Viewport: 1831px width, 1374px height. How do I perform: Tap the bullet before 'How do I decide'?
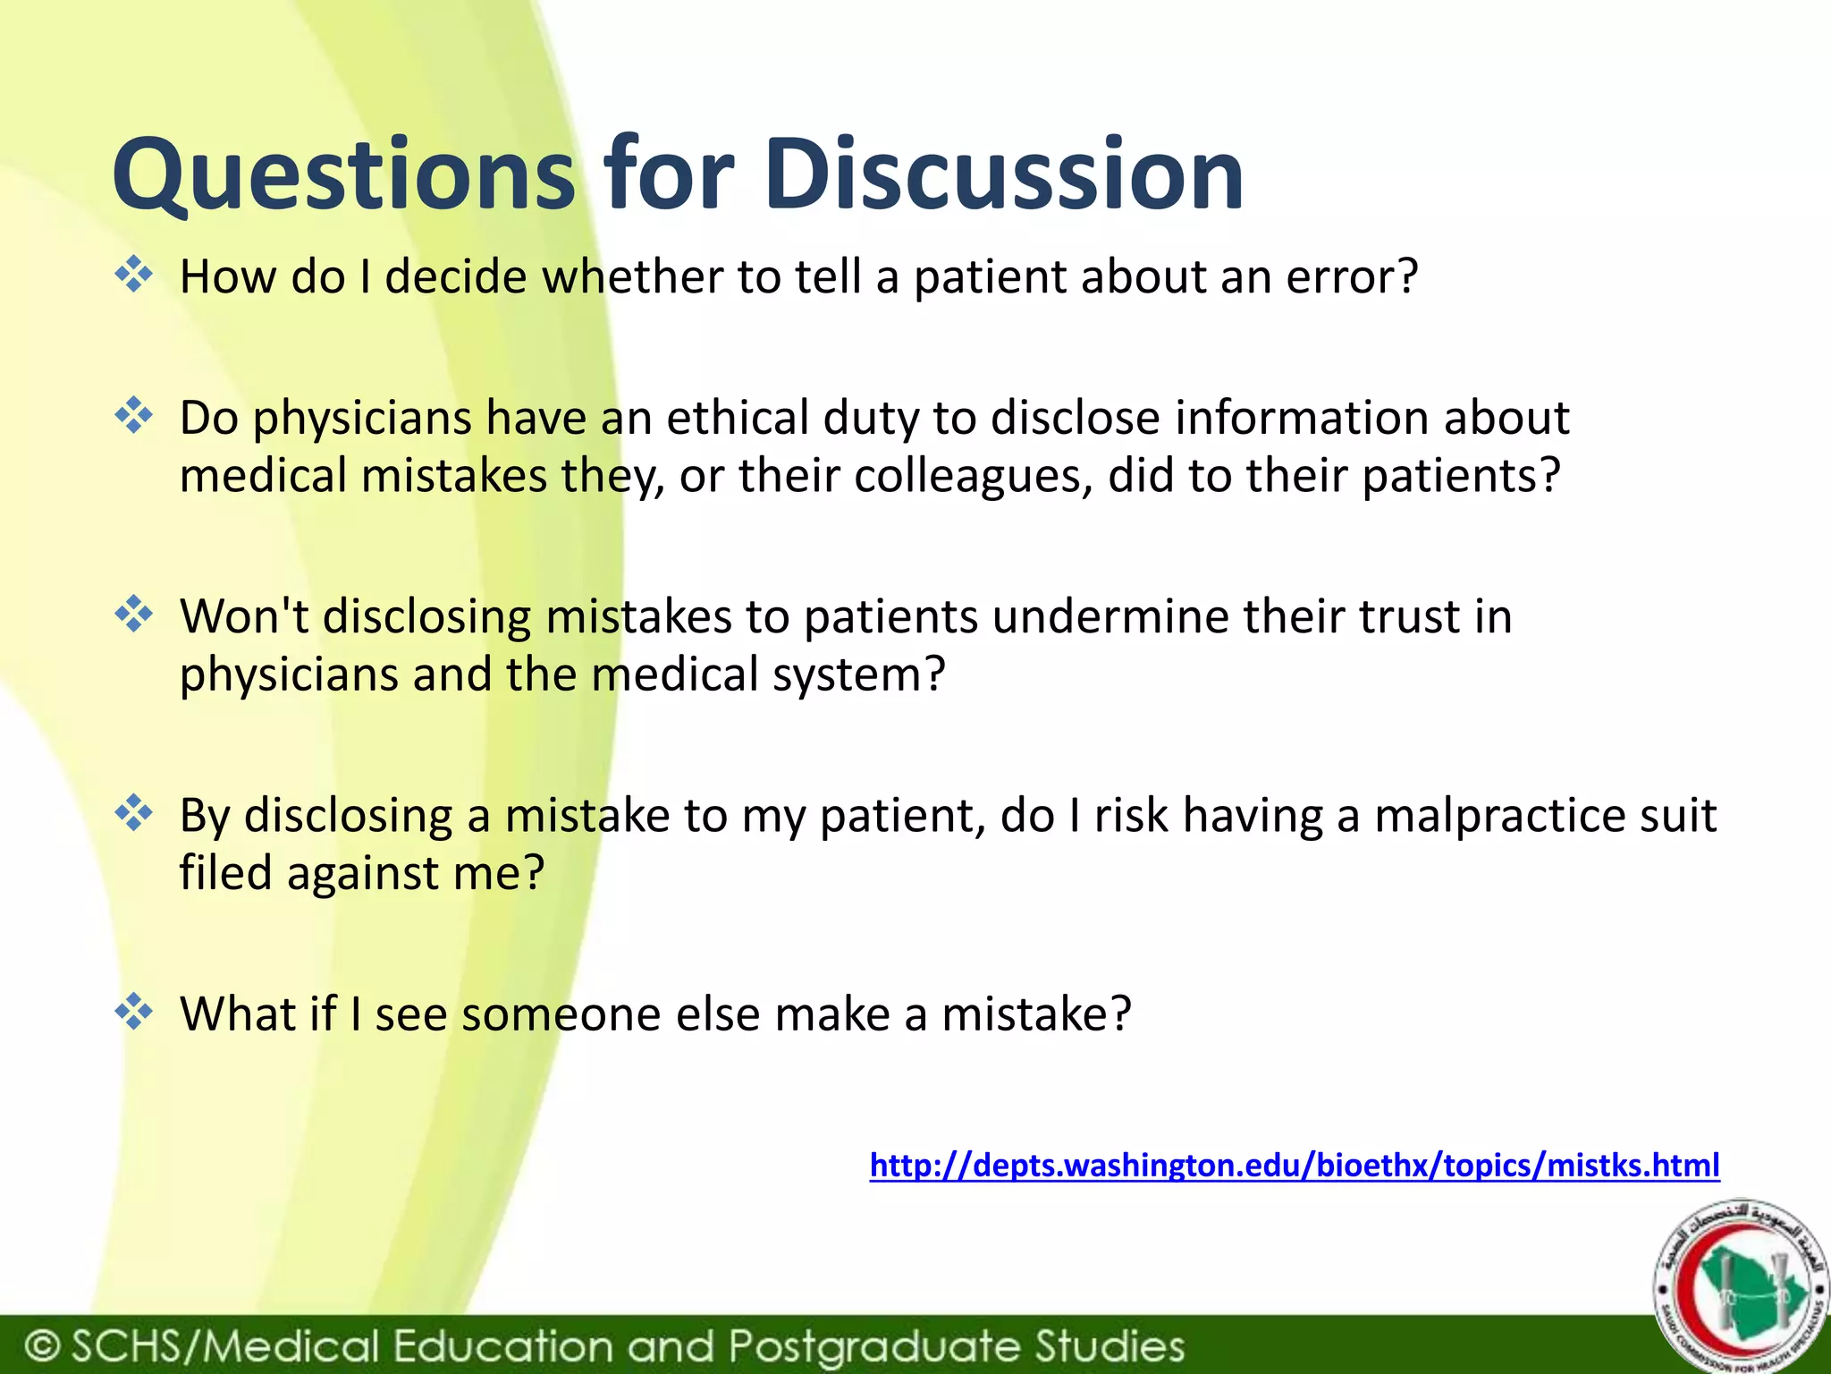[x=134, y=275]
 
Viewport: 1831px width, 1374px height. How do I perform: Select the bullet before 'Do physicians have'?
[x=134, y=416]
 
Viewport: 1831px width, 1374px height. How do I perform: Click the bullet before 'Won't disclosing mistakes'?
[x=134, y=615]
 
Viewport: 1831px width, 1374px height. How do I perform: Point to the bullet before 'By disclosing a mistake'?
[x=134, y=813]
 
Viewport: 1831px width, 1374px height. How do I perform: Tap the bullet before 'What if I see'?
[x=134, y=1013]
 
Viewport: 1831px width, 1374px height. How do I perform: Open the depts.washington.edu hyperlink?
[x=1294, y=1166]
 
